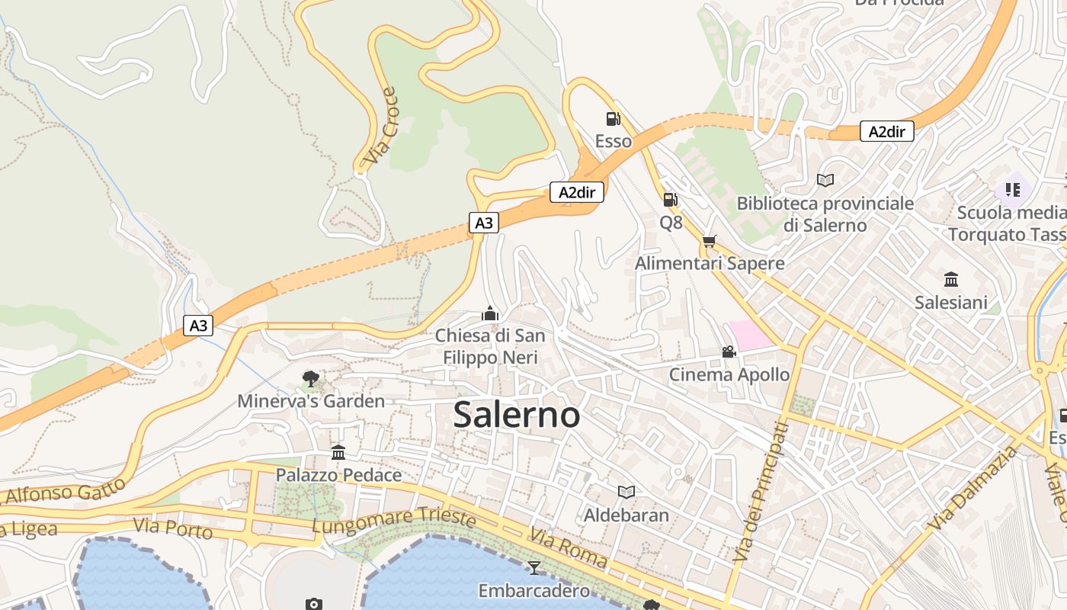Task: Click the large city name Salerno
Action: pyautogui.click(x=516, y=415)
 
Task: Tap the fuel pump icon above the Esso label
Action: pyautogui.click(x=613, y=119)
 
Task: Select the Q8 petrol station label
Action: pyautogui.click(x=671, y=223)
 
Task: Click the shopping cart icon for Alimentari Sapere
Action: pyautogui.click(x=710, y=242)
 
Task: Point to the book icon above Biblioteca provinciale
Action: pyautogui.click(x=825, y=180)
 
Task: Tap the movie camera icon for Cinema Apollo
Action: pyautogui.click(x=729, y=352)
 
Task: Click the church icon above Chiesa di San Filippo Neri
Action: pyautogui.click(x=489, y=313)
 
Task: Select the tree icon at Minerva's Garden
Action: pyautogui.click(x=310, y=378)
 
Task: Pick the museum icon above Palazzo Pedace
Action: pyautogui.click(x=338, y=453)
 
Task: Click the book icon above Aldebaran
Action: pyautogui.click(x=626, y=492)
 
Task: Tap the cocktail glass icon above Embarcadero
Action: pyautogui.click(x=533, y=567)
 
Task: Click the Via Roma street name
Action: pyautogui.click(x=569, y=549)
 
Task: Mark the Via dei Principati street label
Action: pyautogui.click(x=760, y=493)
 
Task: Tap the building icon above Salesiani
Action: pyautogui.click(x=950, y=279)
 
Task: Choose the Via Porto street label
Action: pyautogui.click(x=172, y=528)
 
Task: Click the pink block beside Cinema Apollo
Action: pyautogui.click(x=751, y=335)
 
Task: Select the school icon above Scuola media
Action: pyautogui.click(x=1012, y=189)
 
